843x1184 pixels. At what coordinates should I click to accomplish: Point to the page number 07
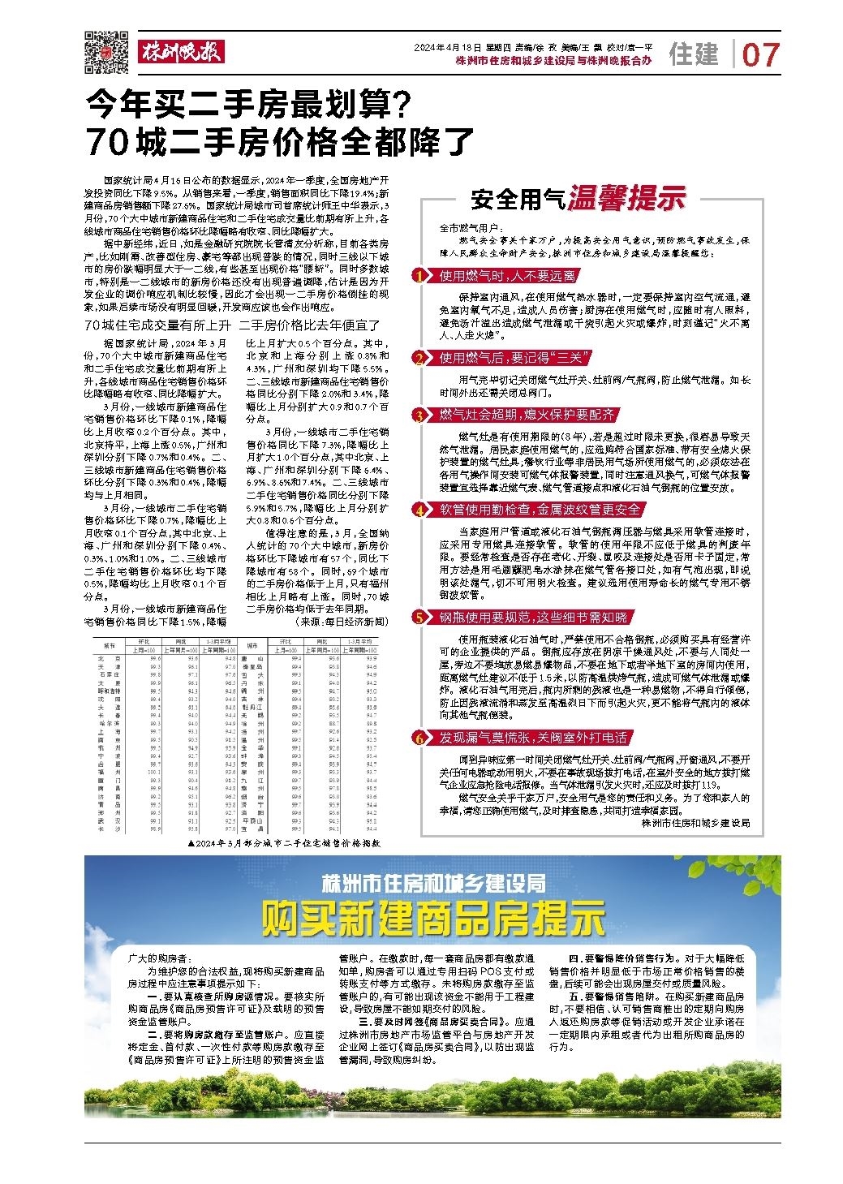coord(760,54)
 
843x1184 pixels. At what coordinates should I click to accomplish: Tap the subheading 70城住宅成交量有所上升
coord(153,325)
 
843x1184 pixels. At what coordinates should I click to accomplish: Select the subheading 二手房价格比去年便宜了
coord(311,325)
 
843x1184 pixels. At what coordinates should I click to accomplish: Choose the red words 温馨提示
coord(626,198)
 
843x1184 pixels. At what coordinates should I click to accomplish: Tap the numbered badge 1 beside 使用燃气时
coord(419,276)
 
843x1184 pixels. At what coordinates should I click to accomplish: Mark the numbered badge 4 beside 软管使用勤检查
coord(419,510)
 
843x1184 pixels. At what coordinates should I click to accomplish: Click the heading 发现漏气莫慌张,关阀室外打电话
coord(532,738)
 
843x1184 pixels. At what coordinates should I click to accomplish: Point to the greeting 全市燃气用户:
coord(471,230)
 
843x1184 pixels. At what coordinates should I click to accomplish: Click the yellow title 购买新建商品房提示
coord(433,918)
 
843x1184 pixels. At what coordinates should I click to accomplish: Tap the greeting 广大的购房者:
coord(157,958)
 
